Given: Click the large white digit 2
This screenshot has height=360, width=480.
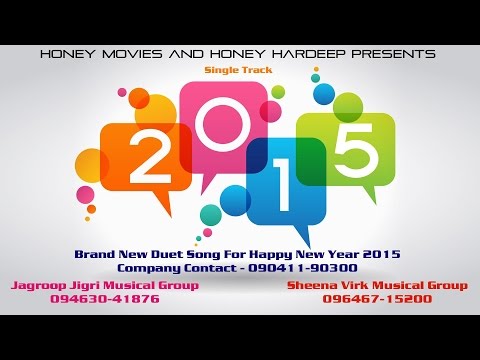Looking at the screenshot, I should (x=147, y=156).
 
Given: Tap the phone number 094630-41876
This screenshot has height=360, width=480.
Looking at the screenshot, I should (x=104, y=298).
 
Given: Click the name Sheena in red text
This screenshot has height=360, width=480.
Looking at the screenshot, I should (x=310, y=285).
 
